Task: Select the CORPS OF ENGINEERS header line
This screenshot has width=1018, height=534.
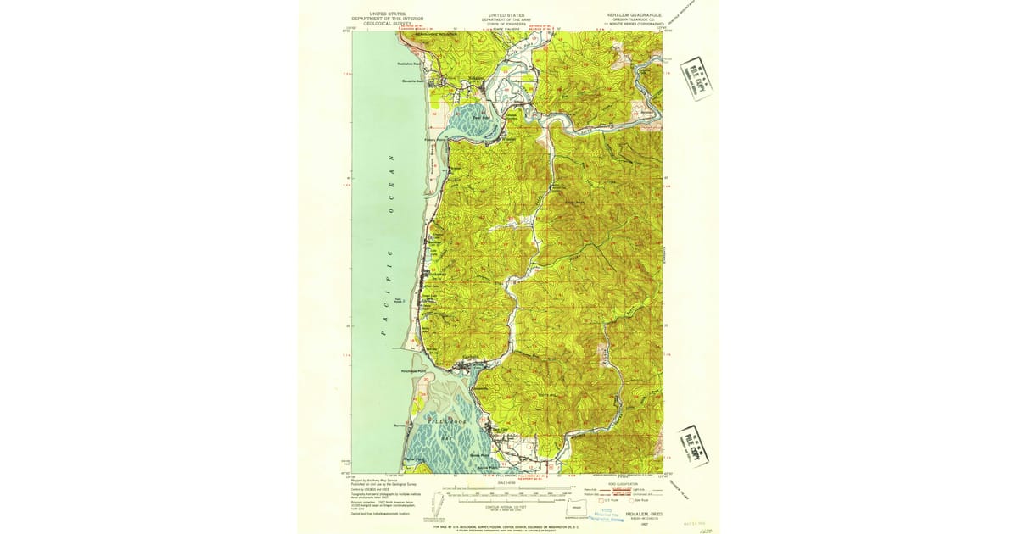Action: [x=504, y=25]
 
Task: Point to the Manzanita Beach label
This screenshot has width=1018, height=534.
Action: [x=413, y=81]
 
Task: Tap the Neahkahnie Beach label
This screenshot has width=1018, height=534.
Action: [x=410, y=64]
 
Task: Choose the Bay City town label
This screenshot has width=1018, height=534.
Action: [x=498, y=430]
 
